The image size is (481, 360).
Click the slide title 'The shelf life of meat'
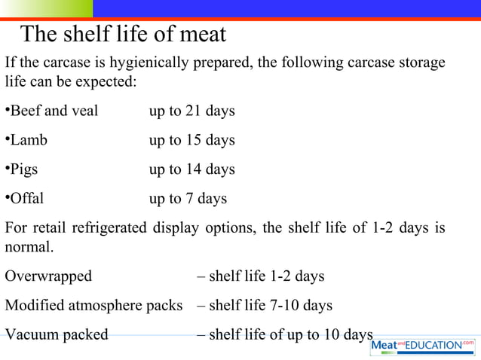(123, 35)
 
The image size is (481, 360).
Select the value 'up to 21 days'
(191, 111)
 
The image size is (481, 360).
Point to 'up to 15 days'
(191, 140)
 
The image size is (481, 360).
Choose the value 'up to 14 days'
(191, 169)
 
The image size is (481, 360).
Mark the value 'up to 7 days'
(188, 199)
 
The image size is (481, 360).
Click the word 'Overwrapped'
(48, 276)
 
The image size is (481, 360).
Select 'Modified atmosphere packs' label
(93, 306)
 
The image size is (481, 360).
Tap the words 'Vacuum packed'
(57, 334)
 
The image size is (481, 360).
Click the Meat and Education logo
(423, 345)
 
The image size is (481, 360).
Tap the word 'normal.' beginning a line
(29, 247)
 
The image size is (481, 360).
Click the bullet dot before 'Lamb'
(7, 139)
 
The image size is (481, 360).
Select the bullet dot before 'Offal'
(7, 198)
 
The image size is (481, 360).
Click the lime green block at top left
(46, 8)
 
